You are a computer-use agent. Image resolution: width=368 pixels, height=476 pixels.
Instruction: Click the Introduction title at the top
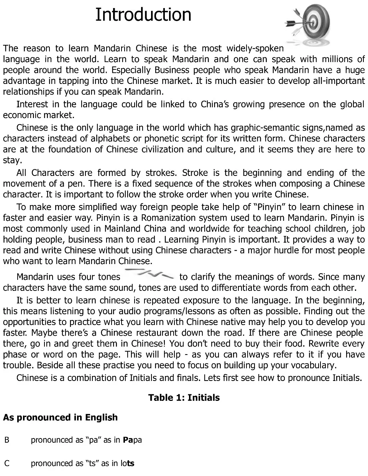coord(143,15)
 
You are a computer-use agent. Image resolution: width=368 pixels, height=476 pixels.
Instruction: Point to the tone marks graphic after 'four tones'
coord(150,274)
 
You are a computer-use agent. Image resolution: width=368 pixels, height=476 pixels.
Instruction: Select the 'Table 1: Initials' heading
coord(184,397)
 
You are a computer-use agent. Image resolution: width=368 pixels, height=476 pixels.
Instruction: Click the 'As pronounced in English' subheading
coord(60,417)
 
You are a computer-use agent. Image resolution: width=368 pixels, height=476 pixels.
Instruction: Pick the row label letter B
coord(7,440)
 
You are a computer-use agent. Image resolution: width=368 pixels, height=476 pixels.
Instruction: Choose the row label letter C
coord(7,463)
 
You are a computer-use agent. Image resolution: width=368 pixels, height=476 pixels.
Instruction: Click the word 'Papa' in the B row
coord(132,440)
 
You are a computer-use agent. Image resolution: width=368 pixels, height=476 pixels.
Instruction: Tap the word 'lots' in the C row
coord(128,463)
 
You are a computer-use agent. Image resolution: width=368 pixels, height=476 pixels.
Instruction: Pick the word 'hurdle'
coord(279,250)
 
